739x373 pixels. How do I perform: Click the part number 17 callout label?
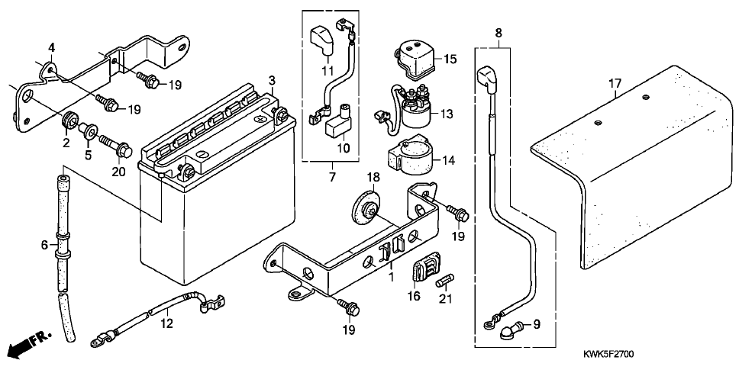tap(615, 84)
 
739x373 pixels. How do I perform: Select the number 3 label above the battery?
tap(272, 80)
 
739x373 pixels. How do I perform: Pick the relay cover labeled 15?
tap(415, 59)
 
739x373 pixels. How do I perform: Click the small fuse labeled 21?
tap(445, 281)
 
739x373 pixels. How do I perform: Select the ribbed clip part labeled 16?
tap(427, 268)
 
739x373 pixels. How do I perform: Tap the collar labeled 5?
tap(88, 131)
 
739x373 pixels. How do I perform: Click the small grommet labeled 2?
tap(69, 124)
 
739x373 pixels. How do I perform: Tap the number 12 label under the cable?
tap(167, 323)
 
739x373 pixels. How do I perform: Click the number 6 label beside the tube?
tap(45, 245)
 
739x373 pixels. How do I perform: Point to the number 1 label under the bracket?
tap(391, 275)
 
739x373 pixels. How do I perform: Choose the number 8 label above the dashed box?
tap(499, 33)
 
